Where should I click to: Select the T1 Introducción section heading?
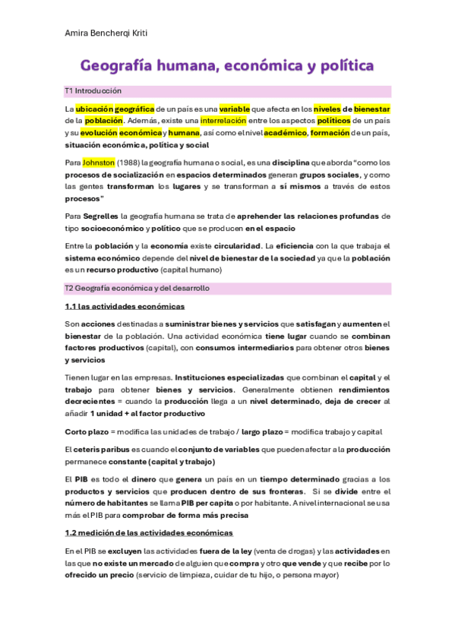[93, 90]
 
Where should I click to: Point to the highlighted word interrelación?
[226, 121]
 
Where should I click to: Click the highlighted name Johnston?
[99, 163]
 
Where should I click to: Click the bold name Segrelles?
[100, 216]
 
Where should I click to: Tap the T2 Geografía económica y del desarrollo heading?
[137, 289]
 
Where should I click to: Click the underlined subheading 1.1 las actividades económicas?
[125, 307]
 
